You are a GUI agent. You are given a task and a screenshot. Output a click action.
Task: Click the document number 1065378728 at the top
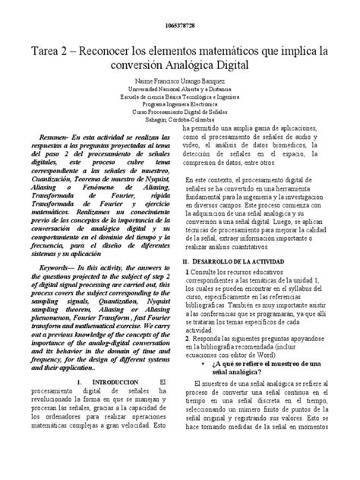(180, 27)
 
